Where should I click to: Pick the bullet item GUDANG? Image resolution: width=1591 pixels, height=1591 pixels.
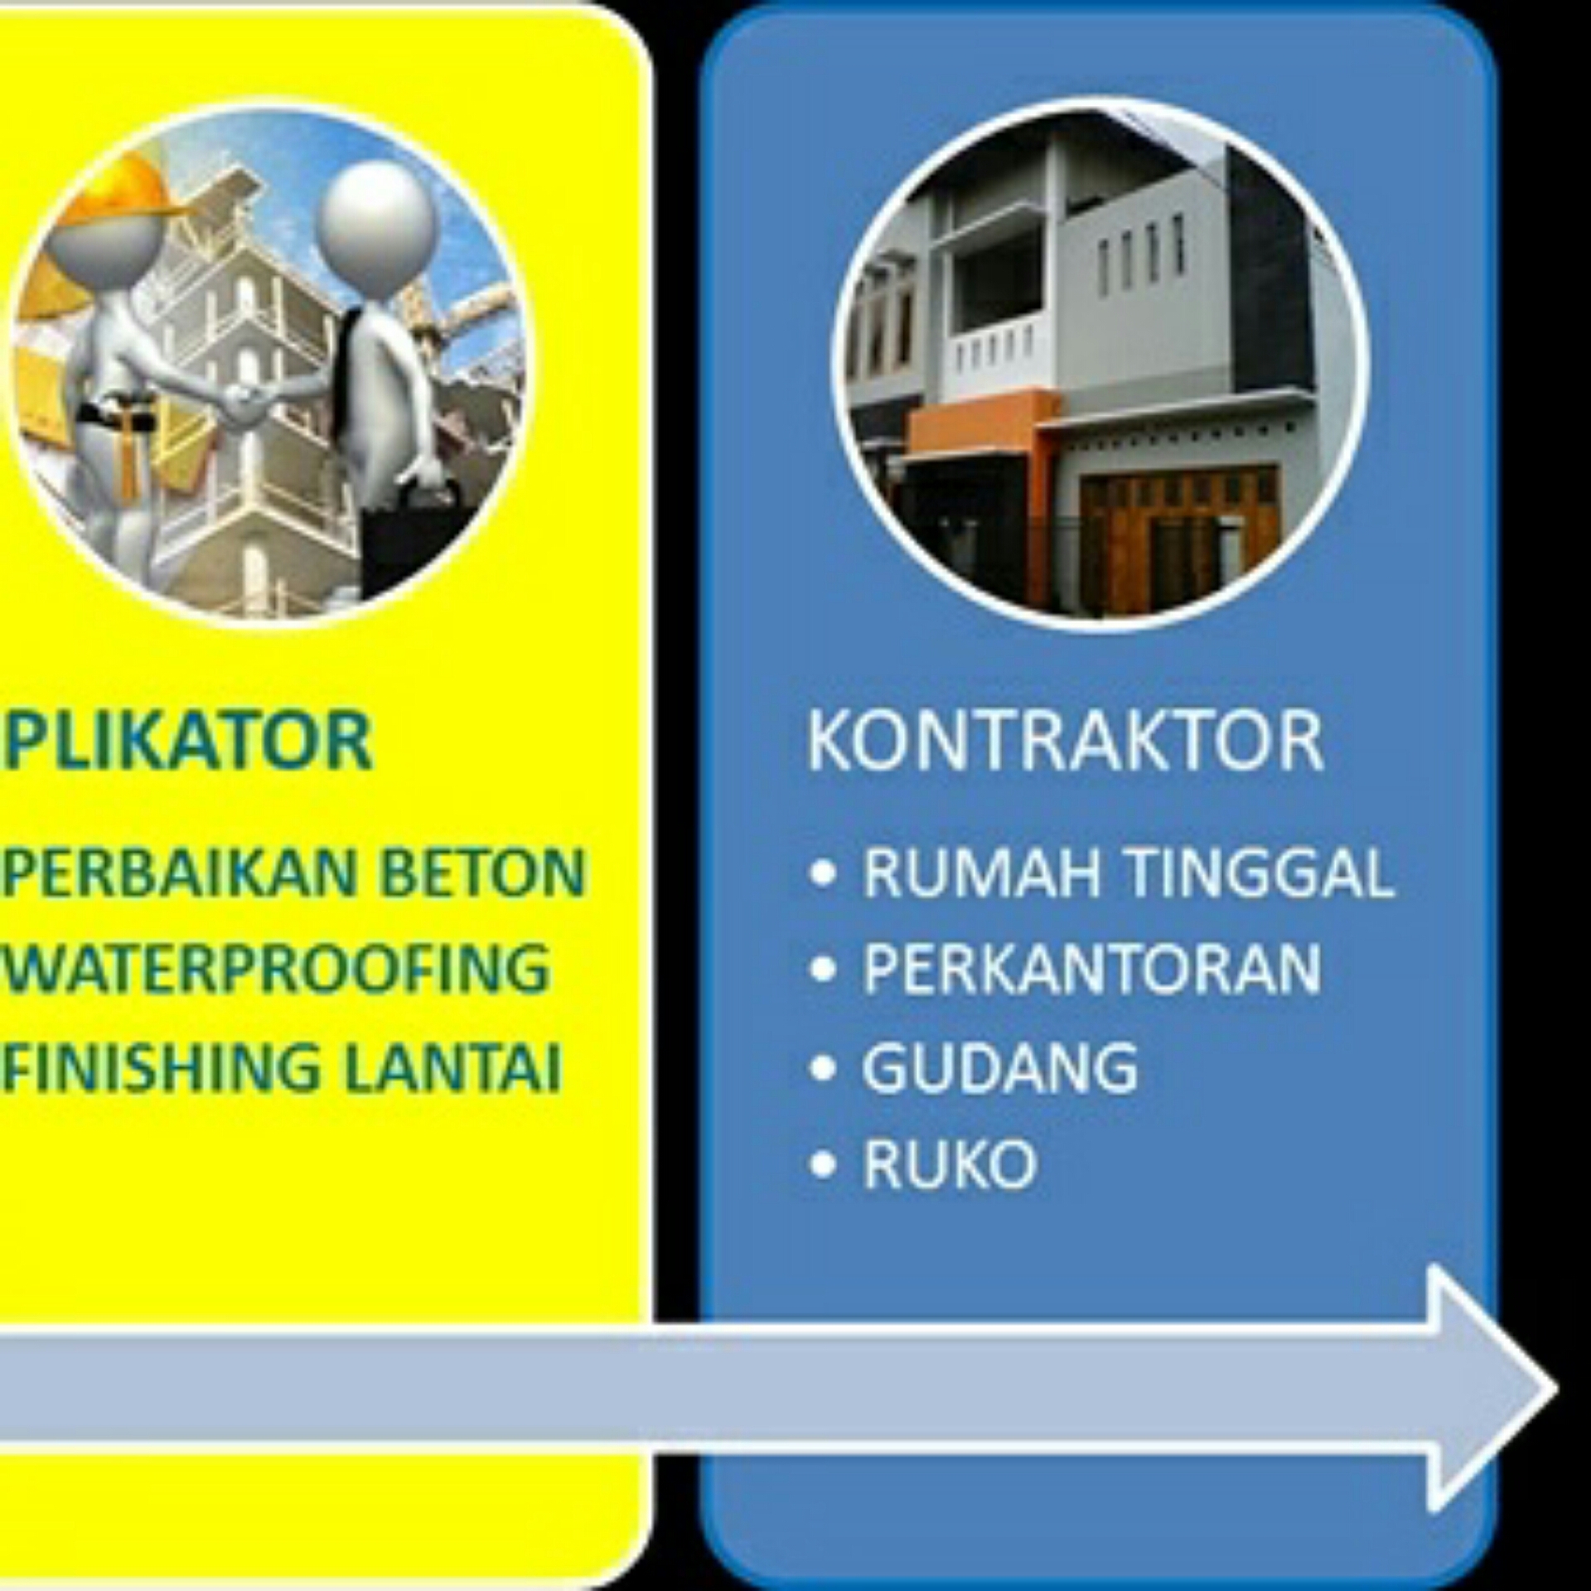tap(1000, 1066)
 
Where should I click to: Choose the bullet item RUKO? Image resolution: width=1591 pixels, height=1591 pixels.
tap(950, 1163)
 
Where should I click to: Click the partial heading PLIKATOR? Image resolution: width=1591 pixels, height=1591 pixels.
tap(186, 740)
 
